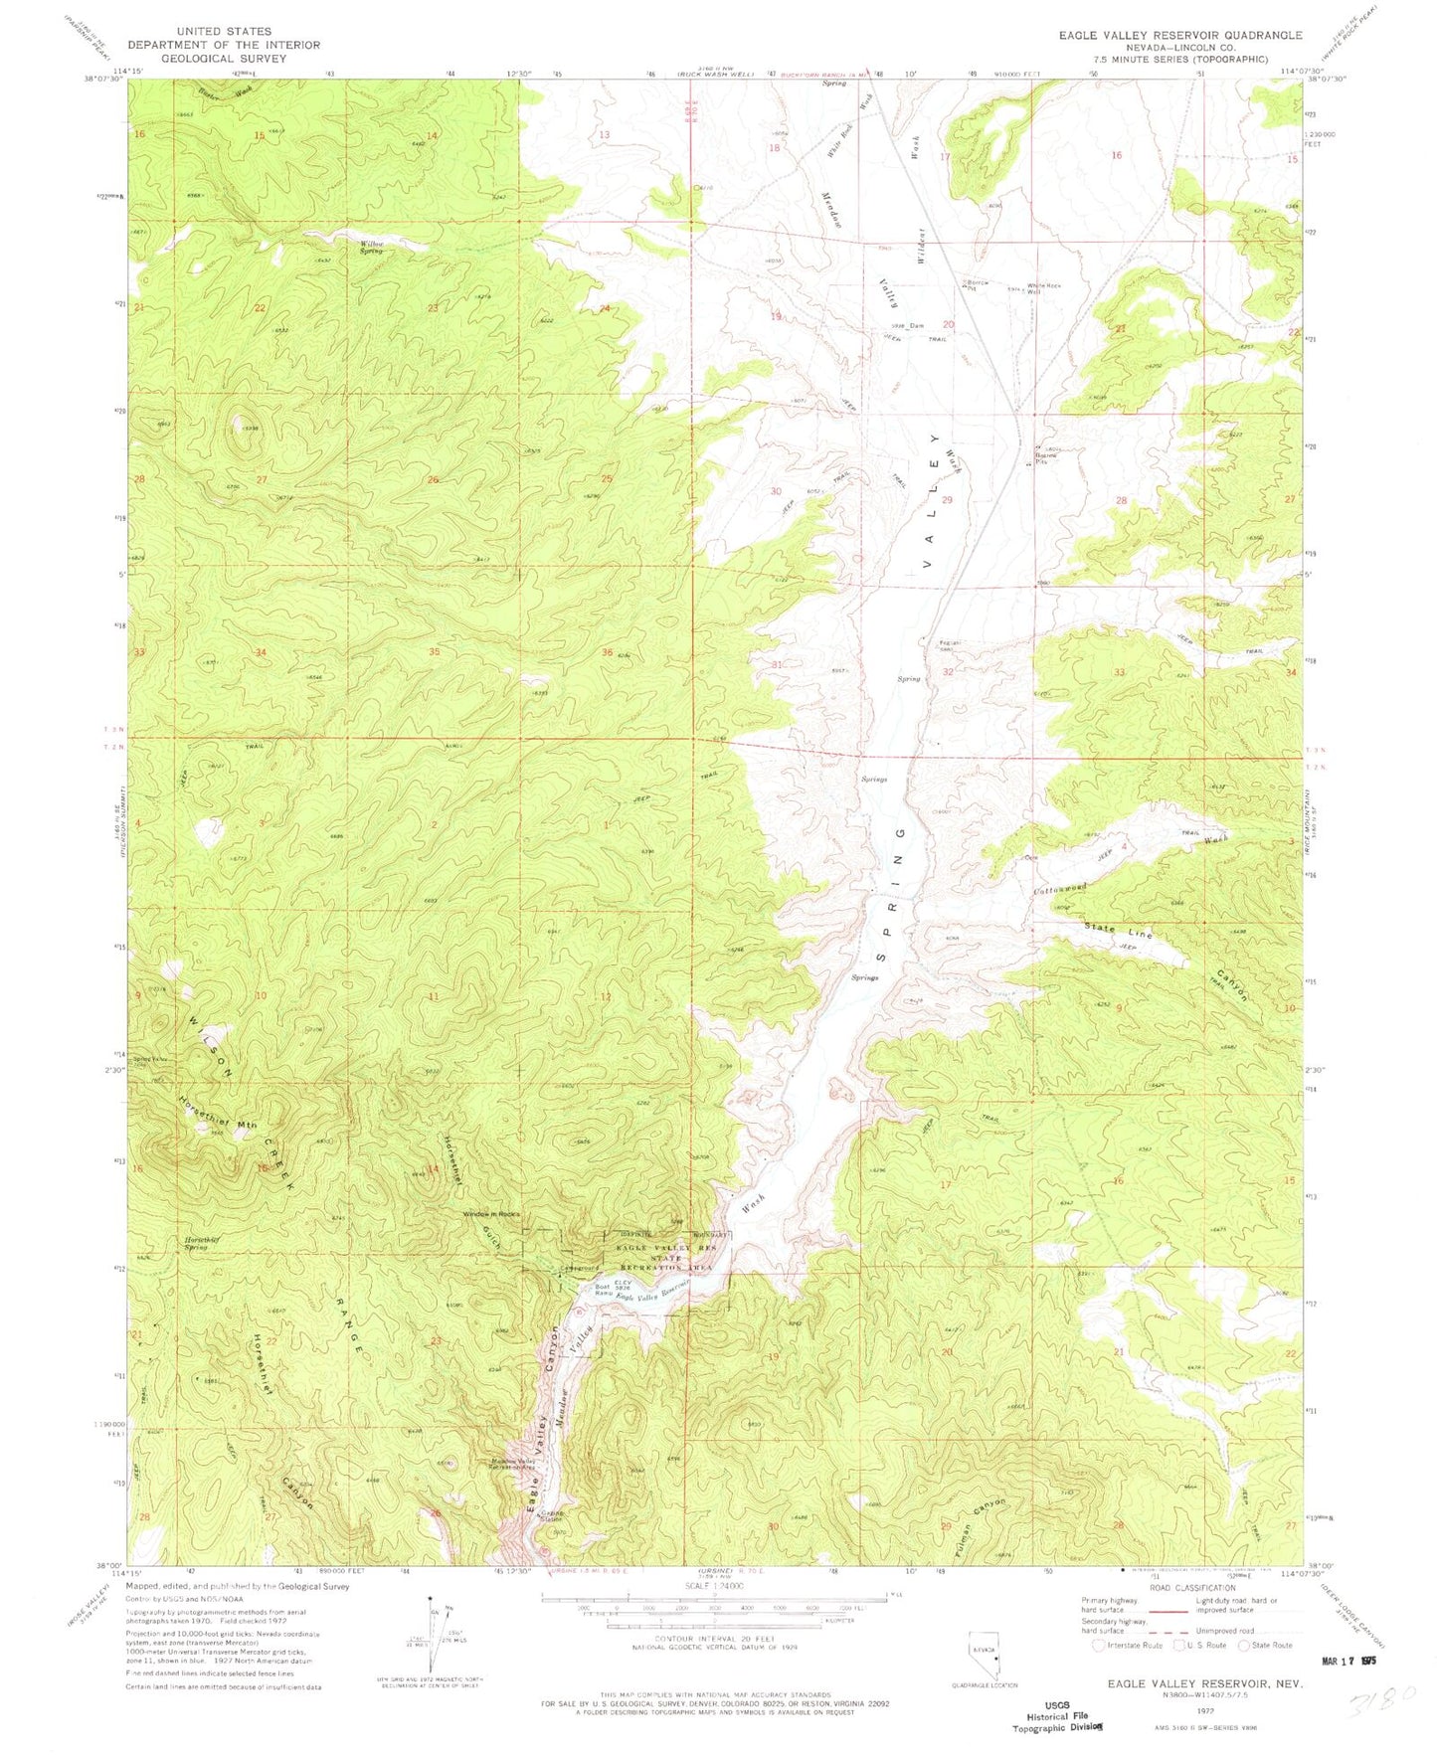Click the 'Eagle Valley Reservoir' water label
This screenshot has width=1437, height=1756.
[652, 1292]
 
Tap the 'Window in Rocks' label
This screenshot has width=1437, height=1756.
[491, 1215]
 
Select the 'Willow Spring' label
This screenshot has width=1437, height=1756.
[371, 247]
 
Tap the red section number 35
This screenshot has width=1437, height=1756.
[434, 652]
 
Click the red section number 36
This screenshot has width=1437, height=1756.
[607, 652]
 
